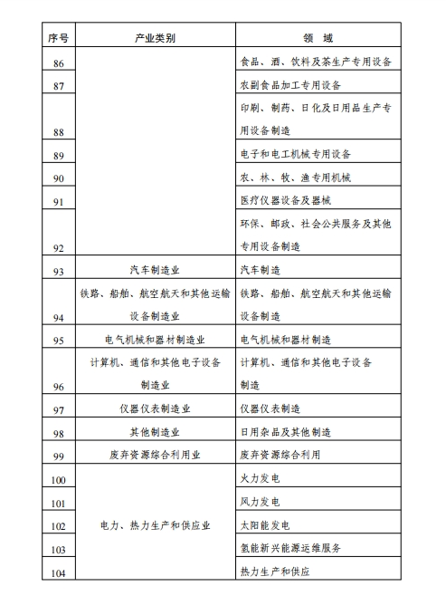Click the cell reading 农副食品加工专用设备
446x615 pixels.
(x=289, y=85)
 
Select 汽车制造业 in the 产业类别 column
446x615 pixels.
(x=155, y=269)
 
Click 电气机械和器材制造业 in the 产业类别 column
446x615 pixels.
(x=155, y=340)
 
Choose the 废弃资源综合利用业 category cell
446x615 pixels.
(x=155, y=456)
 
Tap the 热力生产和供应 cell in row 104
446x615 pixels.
(x=275, y=572)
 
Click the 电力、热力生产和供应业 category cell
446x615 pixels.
(x=155, y=525)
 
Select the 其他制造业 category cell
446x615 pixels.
(x=155, y=432)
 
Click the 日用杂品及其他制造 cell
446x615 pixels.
(x=285, y=432)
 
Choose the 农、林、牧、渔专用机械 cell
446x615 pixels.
(x=296, y=176)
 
